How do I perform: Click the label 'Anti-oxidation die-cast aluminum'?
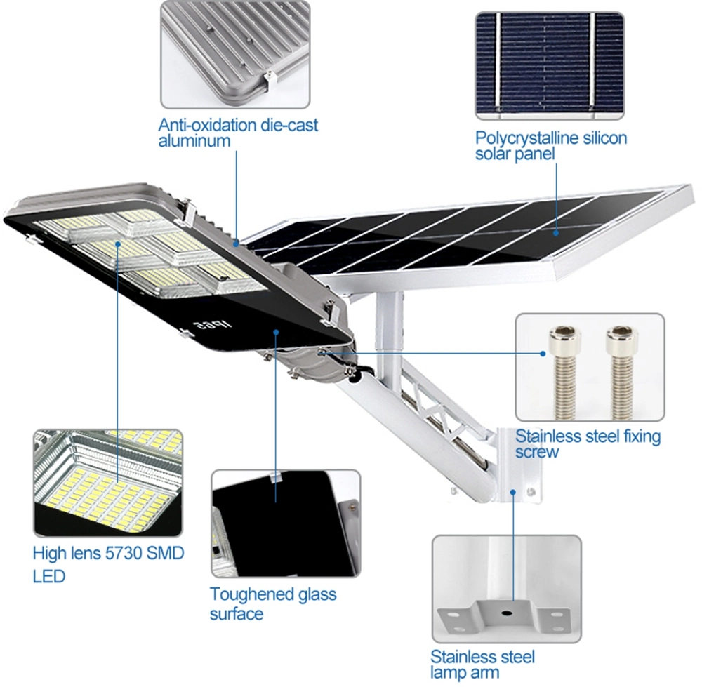237,133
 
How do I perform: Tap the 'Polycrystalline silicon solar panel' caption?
550,145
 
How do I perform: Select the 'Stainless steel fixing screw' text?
588,443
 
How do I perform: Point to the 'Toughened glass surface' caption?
272,603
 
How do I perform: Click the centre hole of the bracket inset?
506,611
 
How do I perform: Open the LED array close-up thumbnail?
107,482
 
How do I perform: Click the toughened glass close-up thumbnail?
285,523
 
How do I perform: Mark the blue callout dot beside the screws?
543,353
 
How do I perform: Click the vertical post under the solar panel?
390,330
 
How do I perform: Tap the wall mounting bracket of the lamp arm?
516,463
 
